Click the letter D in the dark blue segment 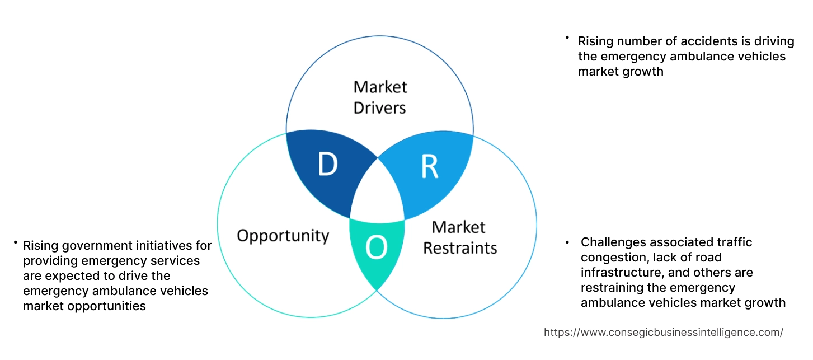pos(327,164)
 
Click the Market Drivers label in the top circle pos(380,97)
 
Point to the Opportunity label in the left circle pos(283,235)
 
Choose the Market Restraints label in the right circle pos(459,237)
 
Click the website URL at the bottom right pos(663,332)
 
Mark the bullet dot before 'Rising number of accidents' pos(567,38)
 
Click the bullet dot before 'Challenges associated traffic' pos(567,242)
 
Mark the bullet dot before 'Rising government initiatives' pos(15,242)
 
